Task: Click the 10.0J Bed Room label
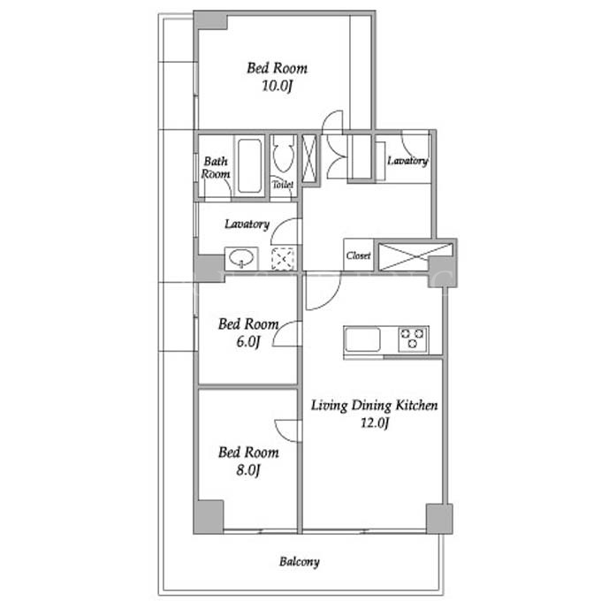pyautogui.click(x=278, y=69)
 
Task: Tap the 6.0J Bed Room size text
pyautogui.click(x=248, y=341)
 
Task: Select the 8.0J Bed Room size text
pyautogui.click(x=248, y=469)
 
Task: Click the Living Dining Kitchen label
pyautogui.click(x=374, y=406)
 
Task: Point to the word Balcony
pyautogui.click(x=300, y=562)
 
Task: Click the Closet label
pyautogui.click(x=358, y=255)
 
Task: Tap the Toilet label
pyautogui.click(x=283, y=185)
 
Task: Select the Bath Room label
pyautogui.click(x=216, y=168)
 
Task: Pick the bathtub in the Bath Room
pyautogui.click(x=249, y=165)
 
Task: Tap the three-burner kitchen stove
pyautogui.click(x=413, y=339)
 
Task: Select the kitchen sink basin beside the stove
pyautogui.click(x=362, y=339)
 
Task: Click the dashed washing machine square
pyautogui.click(x=283, y=259)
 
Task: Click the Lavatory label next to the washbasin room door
pyautogui.click(x=247, y=224)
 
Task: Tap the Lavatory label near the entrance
pyautogui.click(x=407, y=161)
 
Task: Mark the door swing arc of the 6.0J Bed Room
pyautogui.click(x=280, y=331)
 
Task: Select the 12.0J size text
pyautogui.click(x=375, y=422)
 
